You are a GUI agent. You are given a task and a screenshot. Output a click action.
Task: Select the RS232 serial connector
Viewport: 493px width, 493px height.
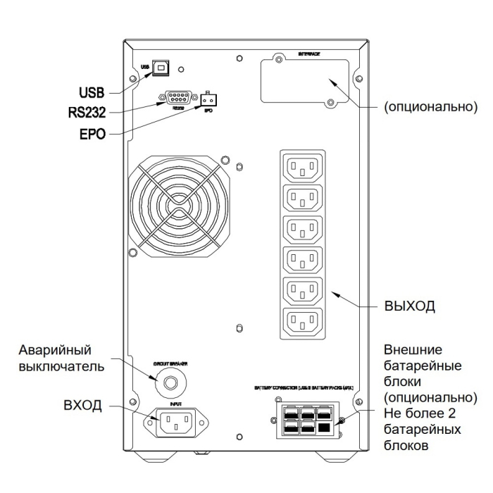click(177, 99)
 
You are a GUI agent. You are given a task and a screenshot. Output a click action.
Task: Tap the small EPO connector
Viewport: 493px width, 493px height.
click(207, 99)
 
